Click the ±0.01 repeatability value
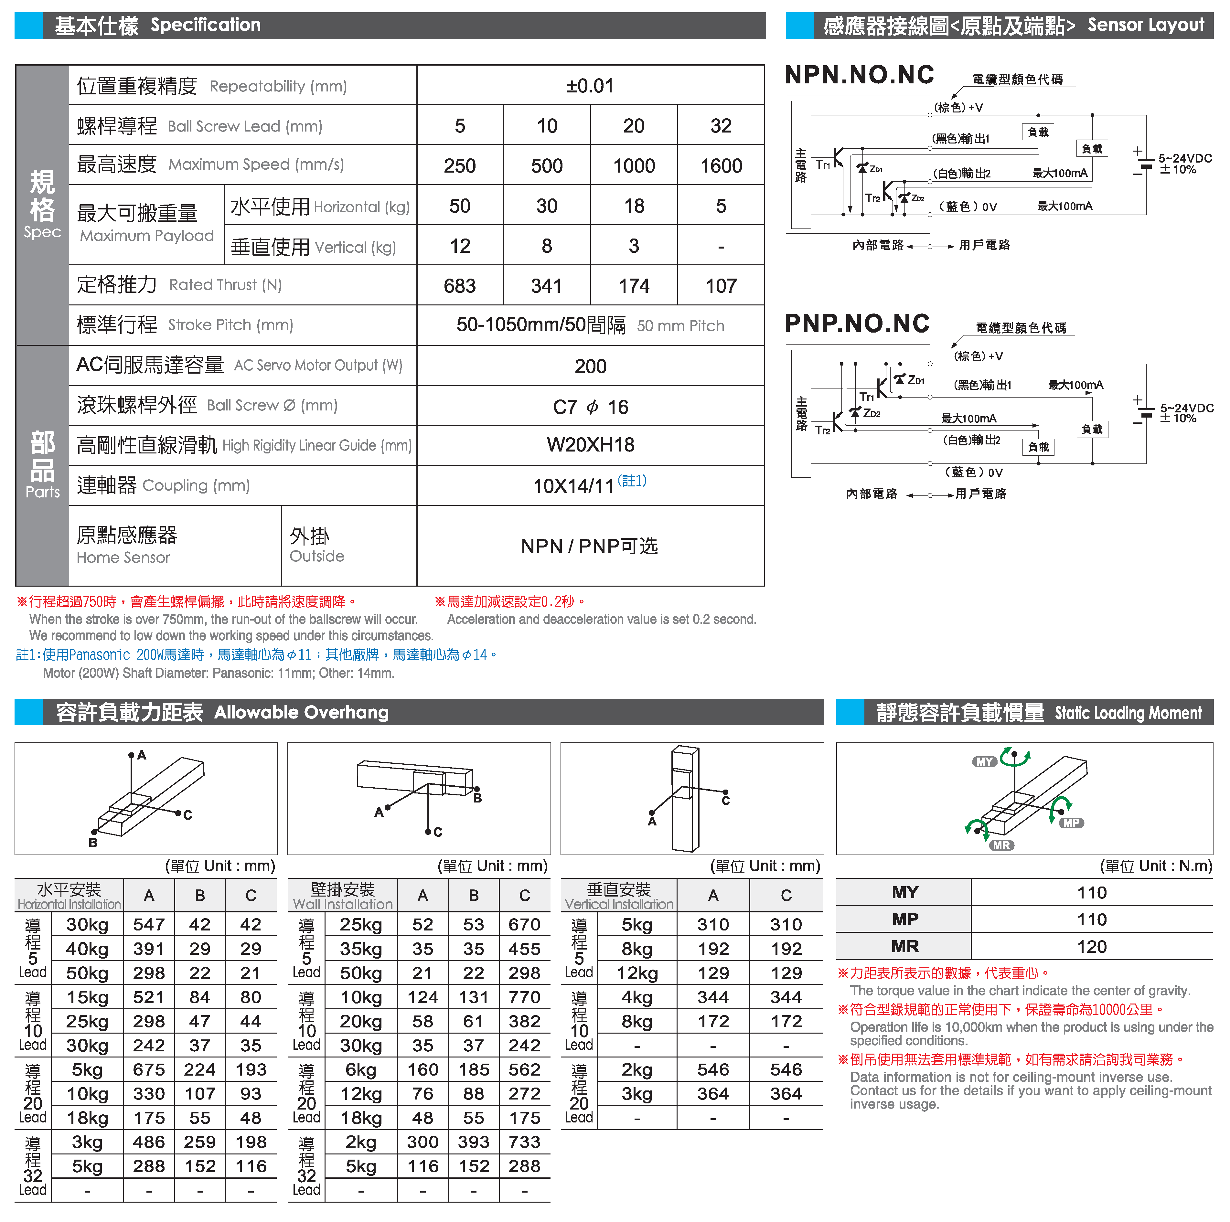[590, 86]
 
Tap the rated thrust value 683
[460, 286]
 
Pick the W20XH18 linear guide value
[590, 445]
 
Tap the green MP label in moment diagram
[1072, 823]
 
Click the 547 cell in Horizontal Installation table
[149, 925]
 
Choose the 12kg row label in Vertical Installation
[636, 973]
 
